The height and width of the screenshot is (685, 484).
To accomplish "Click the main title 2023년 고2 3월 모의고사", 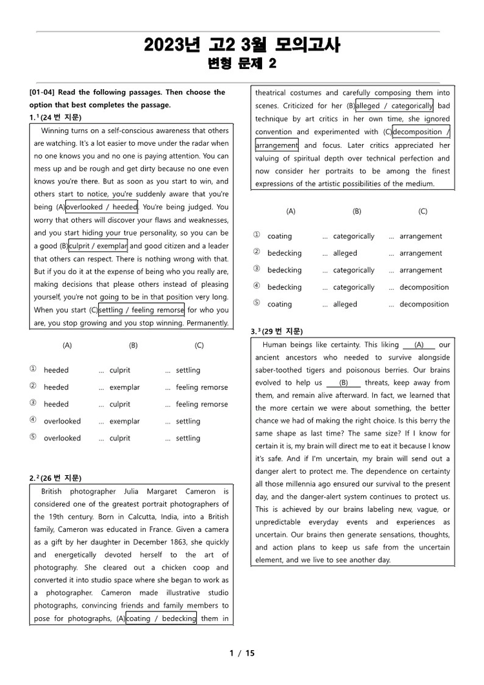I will [242, 45].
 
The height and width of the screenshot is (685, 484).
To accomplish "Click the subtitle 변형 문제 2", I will [242, 63].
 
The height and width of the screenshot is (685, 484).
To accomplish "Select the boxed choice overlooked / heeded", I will [102, 207].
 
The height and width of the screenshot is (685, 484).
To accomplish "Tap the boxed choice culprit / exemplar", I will [99, 246].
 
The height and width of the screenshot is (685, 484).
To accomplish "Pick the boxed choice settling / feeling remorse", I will [141, 310].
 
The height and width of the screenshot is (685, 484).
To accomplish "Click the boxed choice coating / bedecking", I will [161, 619].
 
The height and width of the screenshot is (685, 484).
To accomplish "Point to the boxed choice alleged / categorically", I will [394, 106].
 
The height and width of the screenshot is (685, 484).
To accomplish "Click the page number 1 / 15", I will [242, 653].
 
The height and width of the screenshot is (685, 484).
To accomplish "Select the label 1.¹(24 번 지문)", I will [55, 118].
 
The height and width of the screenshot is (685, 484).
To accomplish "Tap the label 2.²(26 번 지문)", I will [55, 478].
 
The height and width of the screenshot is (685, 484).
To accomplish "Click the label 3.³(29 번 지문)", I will [276, 331].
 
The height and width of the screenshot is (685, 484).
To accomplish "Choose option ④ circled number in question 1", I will [33, 421].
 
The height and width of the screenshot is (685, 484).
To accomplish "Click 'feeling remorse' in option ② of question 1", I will [201, 387].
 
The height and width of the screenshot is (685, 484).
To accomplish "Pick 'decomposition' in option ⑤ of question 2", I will [424, 304].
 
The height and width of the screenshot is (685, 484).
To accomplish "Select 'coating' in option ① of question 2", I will [279, 236].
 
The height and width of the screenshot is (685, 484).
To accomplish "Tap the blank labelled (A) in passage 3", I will [419, 345].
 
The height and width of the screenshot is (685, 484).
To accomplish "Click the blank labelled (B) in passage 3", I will [343, 383].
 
